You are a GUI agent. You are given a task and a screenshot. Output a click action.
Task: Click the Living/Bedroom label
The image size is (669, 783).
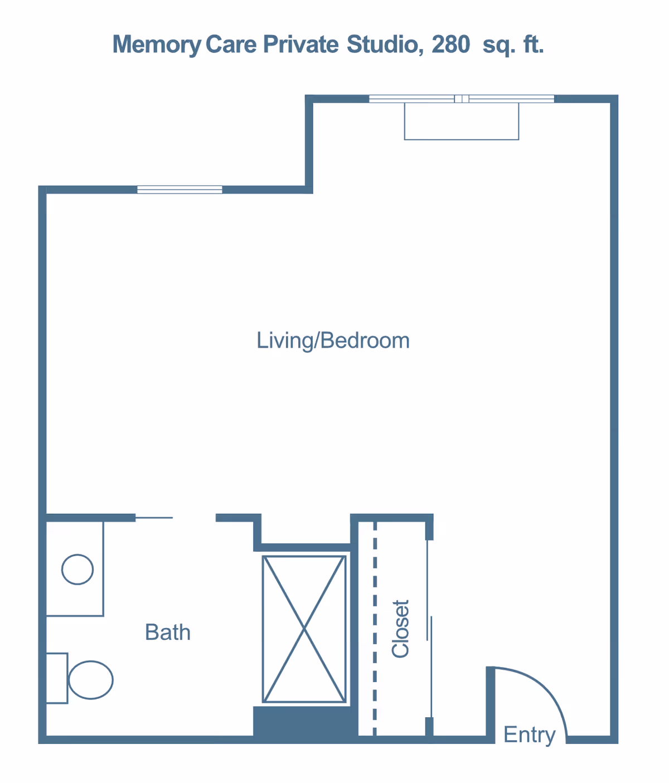pyautogui.click(x=333, y=341)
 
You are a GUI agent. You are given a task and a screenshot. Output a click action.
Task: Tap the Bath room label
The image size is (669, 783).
pyautogui.click(x=167, y=633)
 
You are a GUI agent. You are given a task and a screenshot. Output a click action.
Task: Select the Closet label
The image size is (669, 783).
pyautogui.click(x=401, y=629)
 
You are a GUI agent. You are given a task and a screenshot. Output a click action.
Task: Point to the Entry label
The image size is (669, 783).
pyautogui.click(x=529, y=735)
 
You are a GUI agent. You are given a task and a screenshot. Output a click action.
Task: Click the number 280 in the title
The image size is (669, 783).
pyautogui.click(x=450, y=45)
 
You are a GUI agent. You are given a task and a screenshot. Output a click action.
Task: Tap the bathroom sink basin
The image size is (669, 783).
pyautogui.click(x=77, y=570)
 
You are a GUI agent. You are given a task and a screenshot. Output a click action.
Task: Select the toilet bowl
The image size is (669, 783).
pyautogui.click(x=91, y=680)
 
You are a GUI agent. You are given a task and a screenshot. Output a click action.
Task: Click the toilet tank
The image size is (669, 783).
pyautogui.click(x=56, y=678)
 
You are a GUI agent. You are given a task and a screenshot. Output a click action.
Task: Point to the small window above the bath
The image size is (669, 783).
pyautogui.click(x=180, y=189)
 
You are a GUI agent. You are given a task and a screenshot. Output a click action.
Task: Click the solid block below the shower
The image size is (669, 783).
pyautogui.click(x=304, y=722)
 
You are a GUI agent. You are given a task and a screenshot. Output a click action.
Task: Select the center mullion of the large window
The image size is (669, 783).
pyautogui.click(x=462, y=99)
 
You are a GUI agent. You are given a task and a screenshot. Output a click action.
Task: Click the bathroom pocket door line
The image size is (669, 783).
pyautogui.click(x=154, y=518)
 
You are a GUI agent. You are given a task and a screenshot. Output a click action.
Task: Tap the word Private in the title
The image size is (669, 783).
pyautogui.click(x=300, y=45)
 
